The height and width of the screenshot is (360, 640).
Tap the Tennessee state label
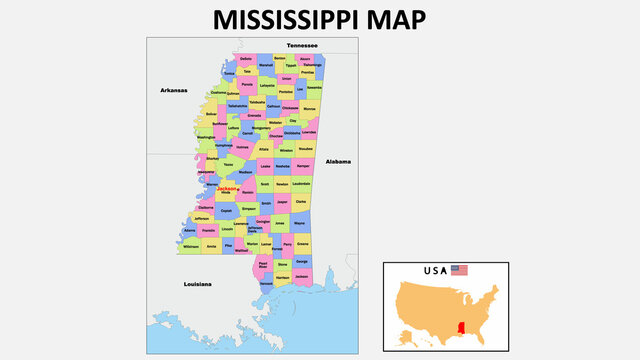tap(301, 46)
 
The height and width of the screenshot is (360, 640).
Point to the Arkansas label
tap(174, 90)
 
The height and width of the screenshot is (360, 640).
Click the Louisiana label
tap(197, 284)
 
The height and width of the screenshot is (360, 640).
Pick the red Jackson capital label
tap(227, 188)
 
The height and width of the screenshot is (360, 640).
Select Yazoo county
tap(229, 165)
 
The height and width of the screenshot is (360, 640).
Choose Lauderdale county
tap(301, 184)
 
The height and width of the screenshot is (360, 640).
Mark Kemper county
tap(303, 166)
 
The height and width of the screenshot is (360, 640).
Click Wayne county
tap(300, 224)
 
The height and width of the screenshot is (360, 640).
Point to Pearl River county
tap(262, 265)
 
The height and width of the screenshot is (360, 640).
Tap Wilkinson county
tap(190, 245)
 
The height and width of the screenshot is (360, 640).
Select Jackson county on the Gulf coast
tap(302, 275)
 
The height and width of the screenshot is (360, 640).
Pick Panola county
tap(246, 86)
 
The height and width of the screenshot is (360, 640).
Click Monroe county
tap(309, 108)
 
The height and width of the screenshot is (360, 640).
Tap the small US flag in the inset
tap(459, 270)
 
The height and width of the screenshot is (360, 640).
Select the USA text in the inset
tap(435, 270)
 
